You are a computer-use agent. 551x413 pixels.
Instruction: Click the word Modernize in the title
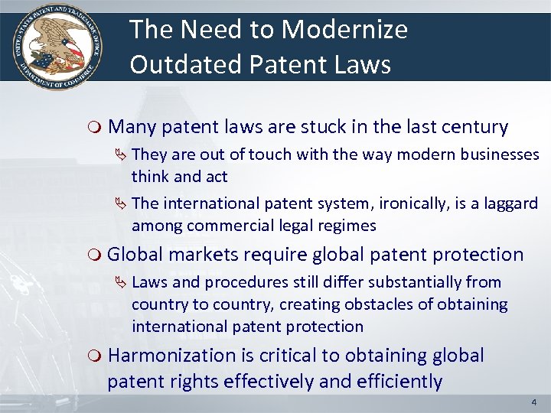point(344,31)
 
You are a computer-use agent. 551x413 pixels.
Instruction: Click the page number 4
point(533,402)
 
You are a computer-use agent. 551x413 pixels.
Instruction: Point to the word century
point(472,126)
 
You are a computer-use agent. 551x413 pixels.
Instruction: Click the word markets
point(204,255)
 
